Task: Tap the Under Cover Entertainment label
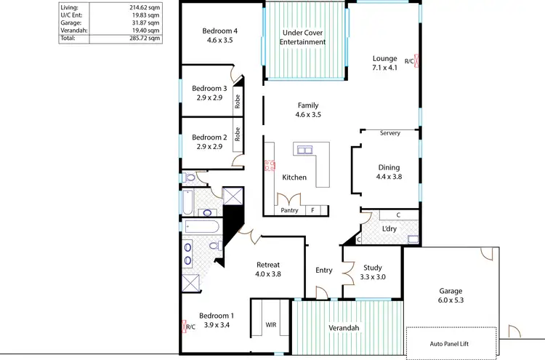[304, 37]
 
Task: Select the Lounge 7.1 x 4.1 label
[385, 63]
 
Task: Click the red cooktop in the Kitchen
[268, 164]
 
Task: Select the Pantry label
[289, 210]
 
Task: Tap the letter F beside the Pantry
[313, 210]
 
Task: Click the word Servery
[390, 133]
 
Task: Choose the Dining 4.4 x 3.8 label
[389, 172]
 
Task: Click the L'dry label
[389, 229]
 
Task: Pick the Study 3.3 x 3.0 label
[372, 272]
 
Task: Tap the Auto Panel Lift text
[451, 343]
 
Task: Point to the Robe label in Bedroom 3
[238, 103]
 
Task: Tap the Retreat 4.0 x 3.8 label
[268, 269]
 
